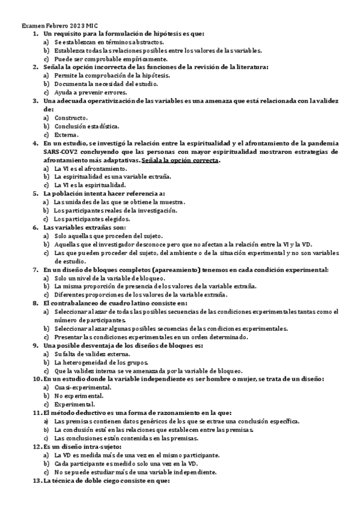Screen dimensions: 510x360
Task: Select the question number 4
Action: [35, 143]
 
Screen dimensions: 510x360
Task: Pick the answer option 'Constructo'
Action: [71, 118]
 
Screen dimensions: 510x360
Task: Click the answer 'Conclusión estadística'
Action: [87, 126]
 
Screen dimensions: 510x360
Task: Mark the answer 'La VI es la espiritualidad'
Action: [90, 185]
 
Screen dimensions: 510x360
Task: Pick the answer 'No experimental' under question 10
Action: [78, 396]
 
